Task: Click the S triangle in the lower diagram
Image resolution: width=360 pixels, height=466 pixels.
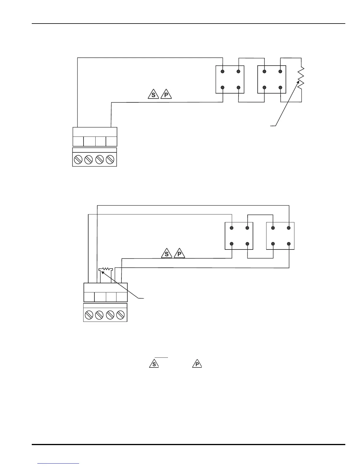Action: (167, 253)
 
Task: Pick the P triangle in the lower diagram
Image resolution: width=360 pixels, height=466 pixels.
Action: (179, 253)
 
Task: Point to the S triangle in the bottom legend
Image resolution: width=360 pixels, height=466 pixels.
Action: (154, 364)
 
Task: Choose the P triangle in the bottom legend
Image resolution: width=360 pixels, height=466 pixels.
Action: (197, 364)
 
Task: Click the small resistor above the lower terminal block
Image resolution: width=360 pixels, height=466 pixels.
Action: (106, 269)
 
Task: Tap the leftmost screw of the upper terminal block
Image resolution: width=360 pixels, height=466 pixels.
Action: (78, 160)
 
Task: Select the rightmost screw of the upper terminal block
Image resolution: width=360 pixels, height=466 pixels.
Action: (110, 160)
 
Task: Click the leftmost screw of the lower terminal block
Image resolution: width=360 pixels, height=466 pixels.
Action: (89, 315)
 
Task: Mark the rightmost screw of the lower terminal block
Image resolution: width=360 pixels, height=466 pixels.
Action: (121, 315)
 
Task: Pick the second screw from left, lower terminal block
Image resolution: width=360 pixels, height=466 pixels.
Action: (99, 315)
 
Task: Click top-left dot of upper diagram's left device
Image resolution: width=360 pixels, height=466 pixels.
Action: (223, 71)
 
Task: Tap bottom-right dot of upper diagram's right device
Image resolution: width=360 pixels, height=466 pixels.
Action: (280, 87)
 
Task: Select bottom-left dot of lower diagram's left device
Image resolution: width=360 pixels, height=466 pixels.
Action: (232, 244)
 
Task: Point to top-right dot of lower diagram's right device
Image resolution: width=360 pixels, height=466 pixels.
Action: (289, 228)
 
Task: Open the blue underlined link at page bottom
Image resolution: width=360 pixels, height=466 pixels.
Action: (59, 463)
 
